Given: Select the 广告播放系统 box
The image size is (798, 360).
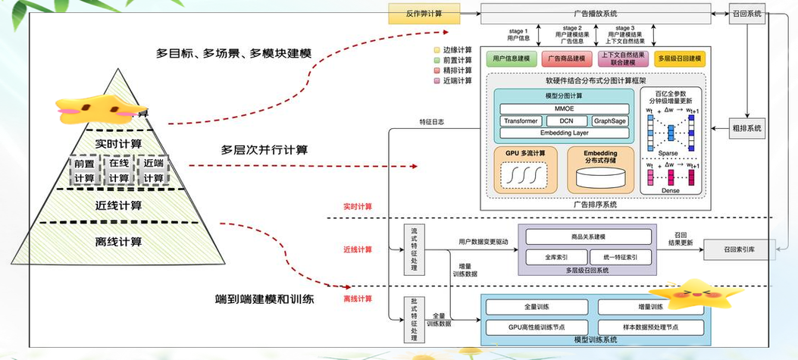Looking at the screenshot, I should (595, 14).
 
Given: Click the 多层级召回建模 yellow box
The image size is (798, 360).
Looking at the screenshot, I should (680, 58).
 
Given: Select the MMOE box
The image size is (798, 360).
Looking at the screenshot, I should (565, 109).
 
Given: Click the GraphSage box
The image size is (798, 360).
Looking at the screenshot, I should (609, 121).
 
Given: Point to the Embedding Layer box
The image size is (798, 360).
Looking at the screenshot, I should (565, 133).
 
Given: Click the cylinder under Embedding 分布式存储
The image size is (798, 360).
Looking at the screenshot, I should (600, 179).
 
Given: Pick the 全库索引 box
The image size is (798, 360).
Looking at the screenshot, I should (556, 257).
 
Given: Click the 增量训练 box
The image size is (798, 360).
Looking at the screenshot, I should (650, 307).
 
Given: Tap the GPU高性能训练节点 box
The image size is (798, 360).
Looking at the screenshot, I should (538, 326).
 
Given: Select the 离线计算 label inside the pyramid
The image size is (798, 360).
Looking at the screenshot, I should (120, 242).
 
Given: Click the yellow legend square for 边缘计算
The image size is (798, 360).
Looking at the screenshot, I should (437, 49).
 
